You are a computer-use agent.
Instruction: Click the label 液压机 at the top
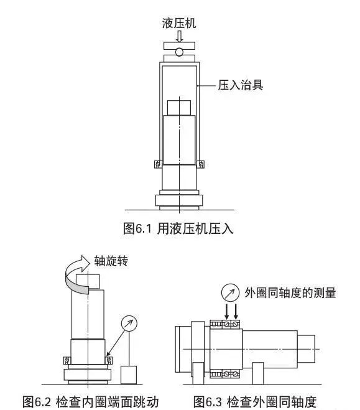[x=179, y=23]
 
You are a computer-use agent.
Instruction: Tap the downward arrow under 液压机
[x=179, y=36]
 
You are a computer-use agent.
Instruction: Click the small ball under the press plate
[x=179, y=52]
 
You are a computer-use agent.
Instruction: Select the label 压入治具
[x=241, y=85]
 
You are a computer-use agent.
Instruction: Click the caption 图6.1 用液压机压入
[x=178, y=228]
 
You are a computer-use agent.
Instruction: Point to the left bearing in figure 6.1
[x=158, y=164]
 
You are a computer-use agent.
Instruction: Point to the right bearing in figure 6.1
[x=201, y=164]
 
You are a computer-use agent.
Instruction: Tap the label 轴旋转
[x=111, y=261]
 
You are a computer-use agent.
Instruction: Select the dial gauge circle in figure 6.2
[x=129, y=324]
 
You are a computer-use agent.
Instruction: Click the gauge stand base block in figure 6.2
[x=129, y=375]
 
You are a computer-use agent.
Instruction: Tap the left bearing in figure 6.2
[x=67, y=360]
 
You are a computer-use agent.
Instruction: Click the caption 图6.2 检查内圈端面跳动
[x=91, y=401]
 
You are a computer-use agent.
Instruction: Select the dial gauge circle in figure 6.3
[x=230, y=293]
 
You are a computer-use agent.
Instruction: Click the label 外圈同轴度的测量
[x=290, y=293]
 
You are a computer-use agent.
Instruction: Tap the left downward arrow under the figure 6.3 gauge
[x=226, y=311]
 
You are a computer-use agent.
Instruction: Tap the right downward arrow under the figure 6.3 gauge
[x=236, y=311]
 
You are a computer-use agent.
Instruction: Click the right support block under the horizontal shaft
[x=258, y=373]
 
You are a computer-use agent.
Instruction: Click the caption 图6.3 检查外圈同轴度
[x=255, y=401]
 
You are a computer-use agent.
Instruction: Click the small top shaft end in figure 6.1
[x=179, y=108]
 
